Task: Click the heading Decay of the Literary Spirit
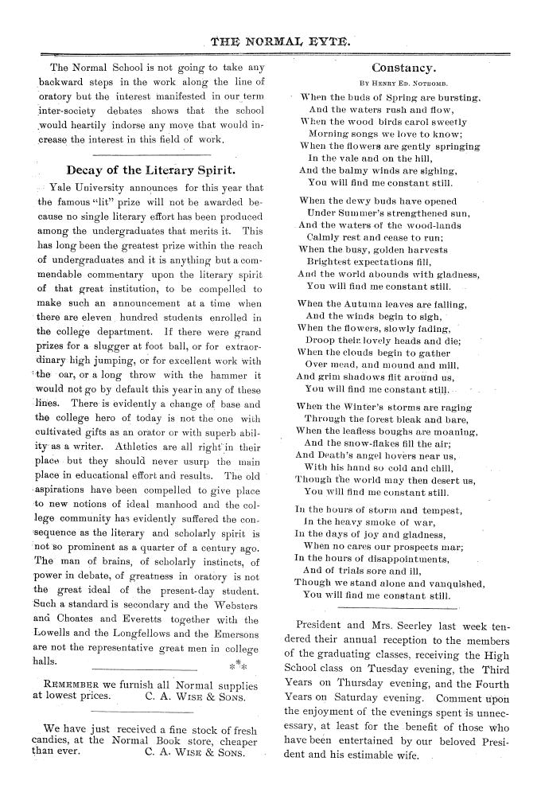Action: [x=150, y=170]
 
